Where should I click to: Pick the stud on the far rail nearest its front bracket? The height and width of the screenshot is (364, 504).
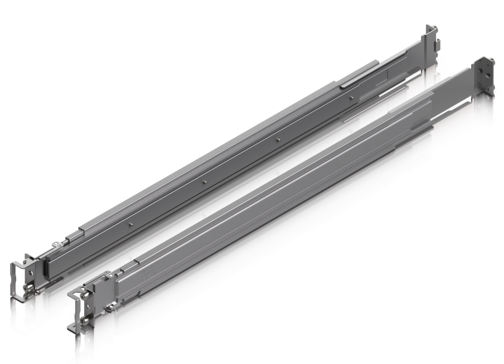[x=131, y=224]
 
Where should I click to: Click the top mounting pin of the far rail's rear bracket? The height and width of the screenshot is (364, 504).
[x=435, y=28]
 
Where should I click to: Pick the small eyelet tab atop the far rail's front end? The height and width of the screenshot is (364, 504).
[x=56, y=244]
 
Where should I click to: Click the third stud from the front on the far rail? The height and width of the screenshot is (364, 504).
[x=277, y=139]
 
